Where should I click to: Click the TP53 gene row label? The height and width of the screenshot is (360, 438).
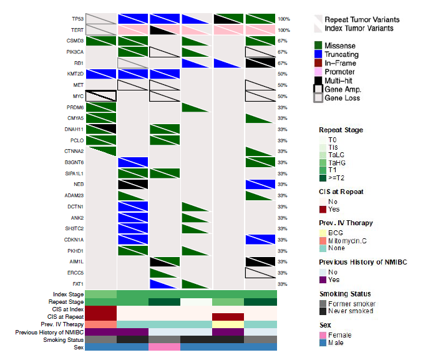pos(77,19)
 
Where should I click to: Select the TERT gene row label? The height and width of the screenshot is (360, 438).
pos(77,30)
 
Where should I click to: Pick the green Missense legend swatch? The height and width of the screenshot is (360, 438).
pos(319,46)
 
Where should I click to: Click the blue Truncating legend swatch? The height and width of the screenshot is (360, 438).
pos(319,54)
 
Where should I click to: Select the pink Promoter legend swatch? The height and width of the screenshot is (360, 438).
pos(319,72)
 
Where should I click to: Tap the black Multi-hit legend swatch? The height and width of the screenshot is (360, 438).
pos(319,80)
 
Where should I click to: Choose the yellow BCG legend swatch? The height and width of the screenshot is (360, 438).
pos(323,232)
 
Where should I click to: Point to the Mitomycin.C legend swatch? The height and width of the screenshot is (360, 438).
pos(323,240)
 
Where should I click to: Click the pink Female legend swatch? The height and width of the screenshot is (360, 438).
pos(323,335)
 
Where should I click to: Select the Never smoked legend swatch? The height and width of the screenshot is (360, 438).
pos(323,311)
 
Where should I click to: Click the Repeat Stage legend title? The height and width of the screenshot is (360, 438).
pos(341,130)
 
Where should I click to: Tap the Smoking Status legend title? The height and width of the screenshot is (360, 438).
pos(344,294)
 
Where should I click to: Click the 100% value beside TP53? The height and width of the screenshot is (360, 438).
pos(283,19)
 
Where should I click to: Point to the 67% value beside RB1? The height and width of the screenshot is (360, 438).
pos(283,63)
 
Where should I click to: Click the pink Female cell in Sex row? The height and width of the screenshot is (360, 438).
pos(164,347)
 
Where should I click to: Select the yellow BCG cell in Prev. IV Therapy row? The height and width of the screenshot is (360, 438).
pos(228,324)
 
